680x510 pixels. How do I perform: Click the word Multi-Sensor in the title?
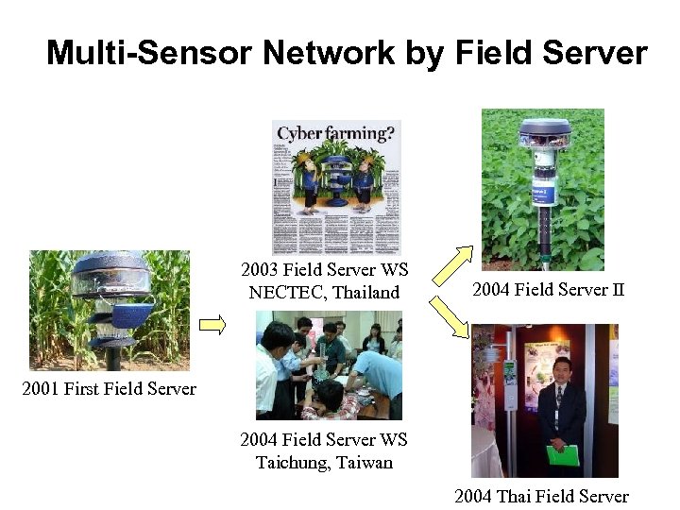150,53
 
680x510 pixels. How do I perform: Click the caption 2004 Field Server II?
548,290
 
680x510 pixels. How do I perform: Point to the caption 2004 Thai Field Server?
541,497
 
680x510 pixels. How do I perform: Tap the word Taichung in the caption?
291,463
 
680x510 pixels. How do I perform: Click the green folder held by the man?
562,454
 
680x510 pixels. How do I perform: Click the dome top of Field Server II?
543,129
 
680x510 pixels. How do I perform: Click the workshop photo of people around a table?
329,366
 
